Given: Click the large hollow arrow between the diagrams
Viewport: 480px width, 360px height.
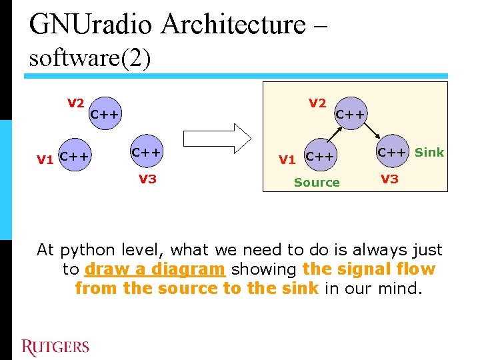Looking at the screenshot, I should click(217, 137).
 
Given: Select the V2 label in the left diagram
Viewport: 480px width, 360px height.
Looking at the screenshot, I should click(75, 103).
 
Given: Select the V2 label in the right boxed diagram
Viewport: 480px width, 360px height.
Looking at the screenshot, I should click(317, 103).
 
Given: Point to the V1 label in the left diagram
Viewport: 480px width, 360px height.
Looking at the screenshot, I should click(45, 159).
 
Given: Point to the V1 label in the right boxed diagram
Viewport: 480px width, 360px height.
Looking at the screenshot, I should click(287, 159).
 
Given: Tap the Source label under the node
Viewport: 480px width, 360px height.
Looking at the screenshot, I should click(317, 182).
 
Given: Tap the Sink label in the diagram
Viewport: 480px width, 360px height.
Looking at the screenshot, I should click(429, 152).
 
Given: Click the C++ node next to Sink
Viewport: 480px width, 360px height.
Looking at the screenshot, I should click(392, 152).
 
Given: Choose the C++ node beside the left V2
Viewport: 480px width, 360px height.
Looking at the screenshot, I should click(105, 114).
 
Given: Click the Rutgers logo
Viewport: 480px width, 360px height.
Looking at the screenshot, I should click(55, 347).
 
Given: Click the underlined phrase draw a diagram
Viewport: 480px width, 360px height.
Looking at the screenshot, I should click(155, 269).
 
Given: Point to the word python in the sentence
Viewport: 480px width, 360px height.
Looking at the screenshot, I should click(85, 250).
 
